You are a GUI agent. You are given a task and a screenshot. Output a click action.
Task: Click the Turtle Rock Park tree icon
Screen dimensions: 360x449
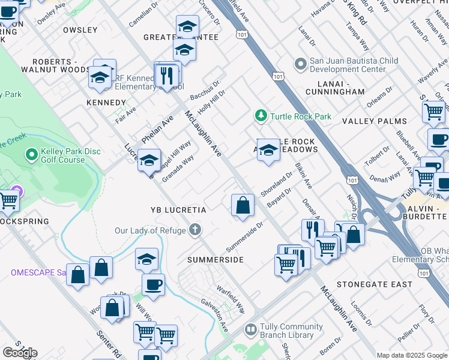pyautogui.click(x=261, y=115)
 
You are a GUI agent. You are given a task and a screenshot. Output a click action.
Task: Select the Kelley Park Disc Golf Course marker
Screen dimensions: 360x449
pyautogui.click(x=32, y=155)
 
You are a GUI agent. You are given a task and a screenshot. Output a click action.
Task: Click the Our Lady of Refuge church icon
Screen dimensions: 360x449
pyautogui.click(x=194, y=230)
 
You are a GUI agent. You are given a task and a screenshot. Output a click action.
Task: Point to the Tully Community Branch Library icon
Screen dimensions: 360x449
pyautogui.click(x=250, y=331)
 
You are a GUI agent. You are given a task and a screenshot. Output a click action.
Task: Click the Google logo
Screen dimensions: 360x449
pyautogui.click(x=20, y=352)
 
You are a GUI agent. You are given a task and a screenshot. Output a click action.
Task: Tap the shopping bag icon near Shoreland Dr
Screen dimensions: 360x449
pyautogui.click(x=243, y=205)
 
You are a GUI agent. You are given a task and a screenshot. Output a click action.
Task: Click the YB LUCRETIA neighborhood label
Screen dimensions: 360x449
pyautogui.click(x=178, y=211)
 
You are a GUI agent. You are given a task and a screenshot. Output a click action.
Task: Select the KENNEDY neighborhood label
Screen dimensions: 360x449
pyautogui.click(x=106, y=103)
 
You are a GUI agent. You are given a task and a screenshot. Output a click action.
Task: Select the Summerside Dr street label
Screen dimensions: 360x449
pyautogui.click(x=245, y=237)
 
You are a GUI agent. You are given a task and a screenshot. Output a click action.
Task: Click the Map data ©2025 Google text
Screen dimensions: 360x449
pyautogui.click(x=411, y=355)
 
